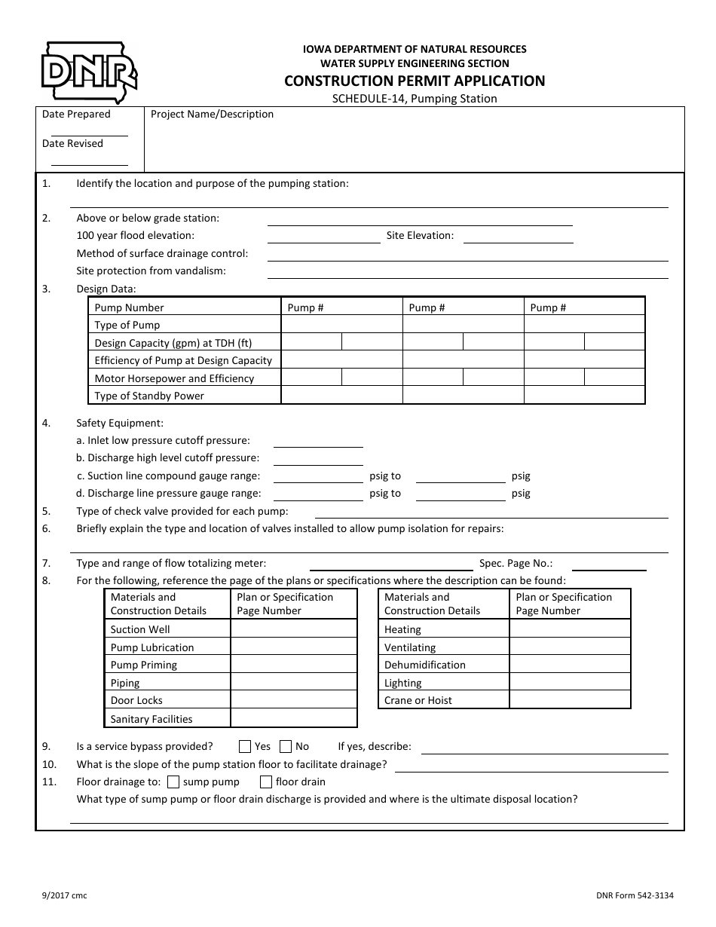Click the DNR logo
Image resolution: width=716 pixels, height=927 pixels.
pos(88,72)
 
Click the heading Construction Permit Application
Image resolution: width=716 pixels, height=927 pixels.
pos(414,81)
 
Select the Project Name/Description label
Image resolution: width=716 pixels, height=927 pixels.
pos(212,115)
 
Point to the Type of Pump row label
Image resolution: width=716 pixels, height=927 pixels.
pos(127,325)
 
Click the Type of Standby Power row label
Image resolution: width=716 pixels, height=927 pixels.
pos(149,396)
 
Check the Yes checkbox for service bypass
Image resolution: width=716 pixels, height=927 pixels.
pos(245,747)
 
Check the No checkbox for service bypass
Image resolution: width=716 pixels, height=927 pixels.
pos(286,747)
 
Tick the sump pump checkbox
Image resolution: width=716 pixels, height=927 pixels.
pos(173,782)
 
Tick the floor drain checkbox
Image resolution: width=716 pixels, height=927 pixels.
pos(266,782)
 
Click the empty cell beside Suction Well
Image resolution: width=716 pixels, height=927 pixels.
pos(293,629)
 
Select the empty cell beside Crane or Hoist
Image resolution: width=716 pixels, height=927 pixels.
pos(570,700)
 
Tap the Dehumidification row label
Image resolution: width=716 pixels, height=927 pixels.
pos(425,665)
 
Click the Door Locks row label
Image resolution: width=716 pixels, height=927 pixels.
pos(136,700)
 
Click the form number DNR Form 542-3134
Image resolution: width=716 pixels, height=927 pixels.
pos(634,895)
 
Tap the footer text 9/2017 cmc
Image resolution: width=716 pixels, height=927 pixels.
pos(64,895)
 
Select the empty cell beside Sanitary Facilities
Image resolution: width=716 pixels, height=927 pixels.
pos(293,718)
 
